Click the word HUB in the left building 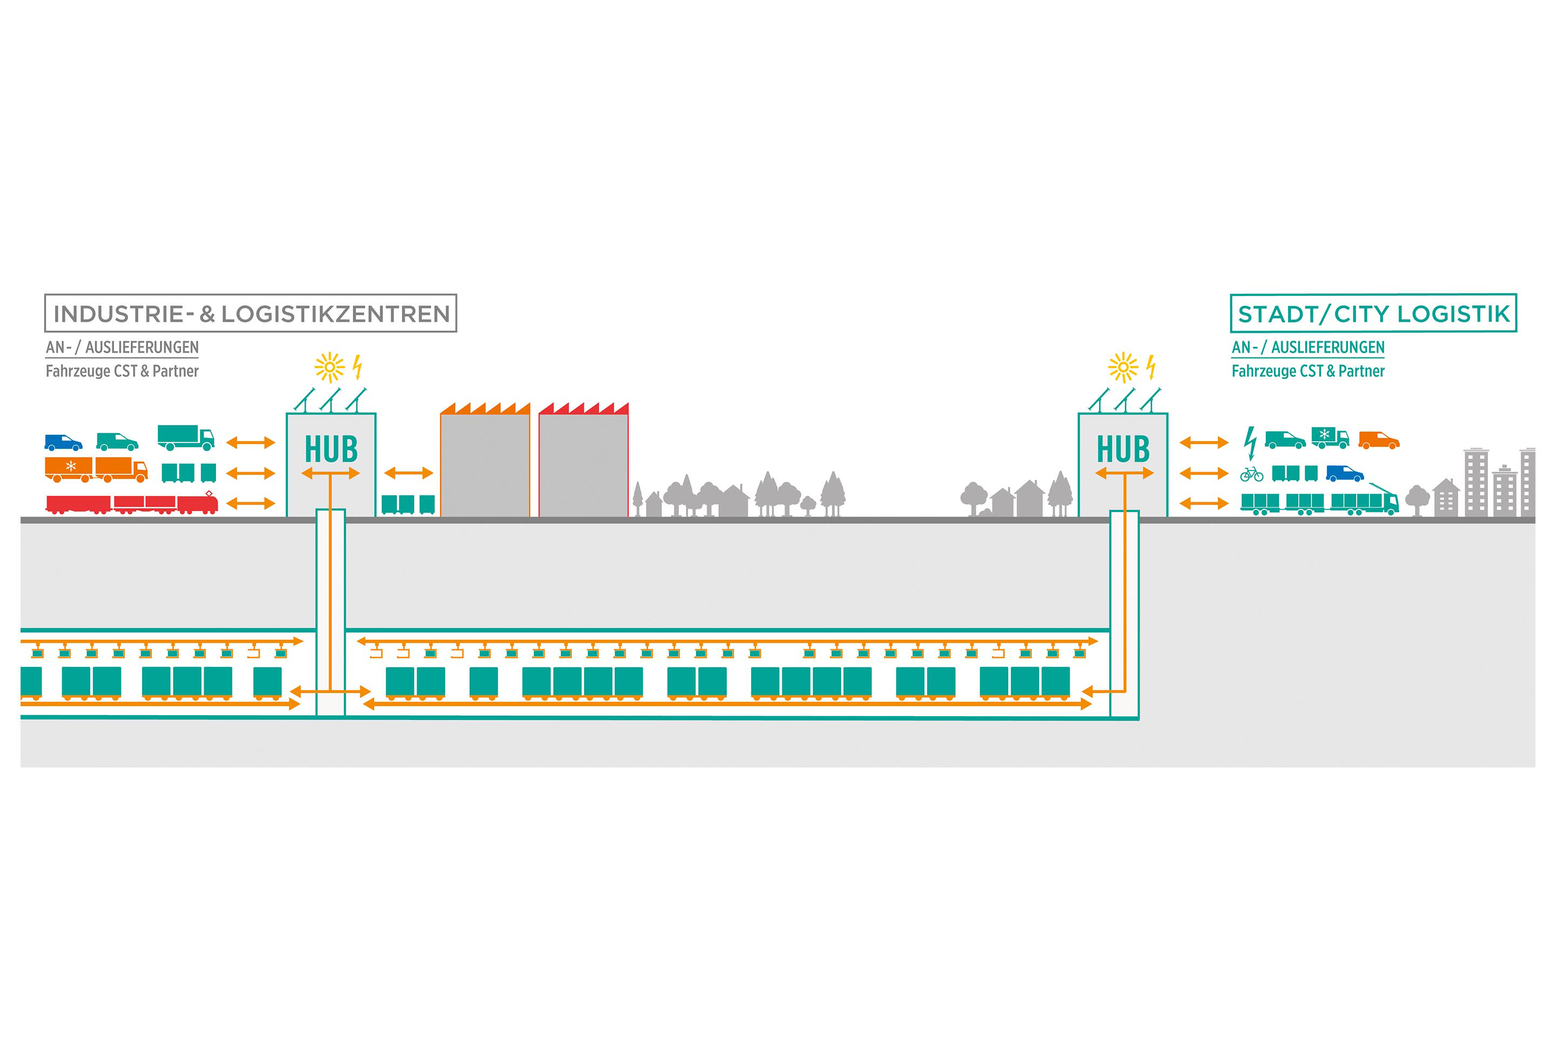pyautogui.click(x=331, y=450)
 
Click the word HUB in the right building pyautogui.click(x=1123, y=450)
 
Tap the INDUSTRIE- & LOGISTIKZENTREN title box pyautogui.click(x=250, y=313)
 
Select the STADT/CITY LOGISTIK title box pyautogui.click(x=1373, y=313)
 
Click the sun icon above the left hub pyautogui.click(x=330, y=368)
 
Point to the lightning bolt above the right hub pyautogui.click(x=1150, y=367)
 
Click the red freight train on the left pyautogui.click(x=132, y=504)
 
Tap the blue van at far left pyautogui.click(x=63, y=442)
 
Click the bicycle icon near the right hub pyautogui.click(x=1251, y=474)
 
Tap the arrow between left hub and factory pyautogui.click(x=408, y=473)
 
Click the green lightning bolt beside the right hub pyautogui.click(x=1250, y=442)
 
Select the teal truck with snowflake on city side pyautogui.click(x=1330, y=437)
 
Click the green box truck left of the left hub pyautogui.click(x=185, y=437)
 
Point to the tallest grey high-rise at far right pyautogui.click(x=1476, y=482)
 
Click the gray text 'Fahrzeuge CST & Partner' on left pyautogui.click(x=122, y=371)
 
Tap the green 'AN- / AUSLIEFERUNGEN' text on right pyautogui.click(x=1307, y=347)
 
